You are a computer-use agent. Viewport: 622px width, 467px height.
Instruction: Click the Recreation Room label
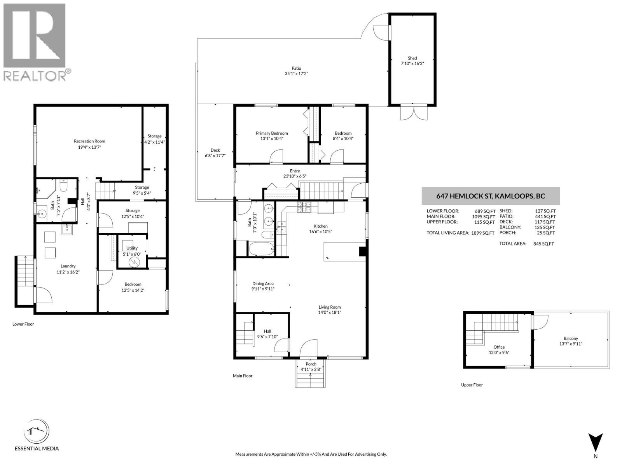pyautogui.click(x=89, y=141)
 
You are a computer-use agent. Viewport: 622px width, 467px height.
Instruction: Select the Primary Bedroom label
pyautogui.click(x=272, y=133)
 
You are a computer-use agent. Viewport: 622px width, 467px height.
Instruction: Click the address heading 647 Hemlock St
pyautogui.click(x=491, y=196)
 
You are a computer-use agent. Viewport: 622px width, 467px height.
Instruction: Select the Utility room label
pyautogui.click(x=132, y=248)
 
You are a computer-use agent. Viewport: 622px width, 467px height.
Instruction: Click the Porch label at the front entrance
pyautogui.click(x=311, y=364)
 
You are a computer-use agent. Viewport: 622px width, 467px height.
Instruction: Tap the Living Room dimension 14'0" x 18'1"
pyautogui.click(x=330, y=313)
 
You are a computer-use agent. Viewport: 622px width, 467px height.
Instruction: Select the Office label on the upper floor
pyautogui.click(x=499, y=347)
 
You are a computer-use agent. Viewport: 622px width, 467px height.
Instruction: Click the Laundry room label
pyautogui.click(x=68, y=266)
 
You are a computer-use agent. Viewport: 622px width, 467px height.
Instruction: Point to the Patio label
pyautogui.click(x=296, y=68)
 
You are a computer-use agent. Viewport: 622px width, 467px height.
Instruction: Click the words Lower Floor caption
pyautogui.click(x=23, y=324)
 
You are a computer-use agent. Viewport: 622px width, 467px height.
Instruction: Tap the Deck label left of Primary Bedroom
pyautogui.click(x=215, y=150)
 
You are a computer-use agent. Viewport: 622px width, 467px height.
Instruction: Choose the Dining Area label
pyautogui.click(x=263, y=284)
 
